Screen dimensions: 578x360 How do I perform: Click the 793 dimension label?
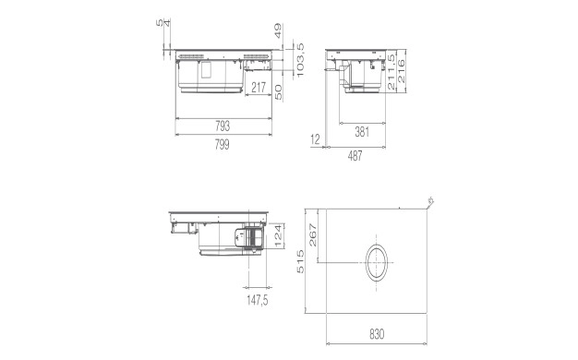pyautogui.click(x=223, y=126)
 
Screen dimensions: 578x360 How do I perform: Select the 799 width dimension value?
pyautogui.click(x=223, y=144)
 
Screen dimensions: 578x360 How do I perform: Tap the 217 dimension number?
pyautogui.click(x=259, y=88)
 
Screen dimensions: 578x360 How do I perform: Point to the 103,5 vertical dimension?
pyautogui.click(x=300, y=60)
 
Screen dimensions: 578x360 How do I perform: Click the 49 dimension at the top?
pyautogui.click(x=278, y=31)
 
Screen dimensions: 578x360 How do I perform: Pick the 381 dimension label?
pyautogui.click(x=362, y=132)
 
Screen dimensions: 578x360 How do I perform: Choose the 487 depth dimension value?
pyautogui.click(x=355, y=156)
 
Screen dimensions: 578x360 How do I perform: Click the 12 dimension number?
pyautogui.click(x=315, y=139)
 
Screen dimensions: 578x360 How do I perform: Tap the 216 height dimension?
pyautogui.click(x=401, y=71)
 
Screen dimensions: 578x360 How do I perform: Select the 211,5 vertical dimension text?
pyautogui.click(x=391, y=71)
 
